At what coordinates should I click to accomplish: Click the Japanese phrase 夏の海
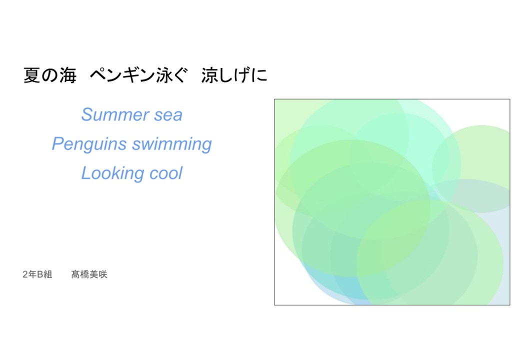[50, 75]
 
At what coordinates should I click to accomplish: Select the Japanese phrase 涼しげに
[234, 75]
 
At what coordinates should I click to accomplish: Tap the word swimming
[172, 144]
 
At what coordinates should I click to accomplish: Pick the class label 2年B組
[37, 274]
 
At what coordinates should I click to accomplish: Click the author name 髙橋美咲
[89, 274]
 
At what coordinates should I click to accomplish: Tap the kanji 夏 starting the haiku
[32, 75]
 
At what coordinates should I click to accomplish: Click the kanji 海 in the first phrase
[68, 75]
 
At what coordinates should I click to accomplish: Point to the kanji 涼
[209, 75]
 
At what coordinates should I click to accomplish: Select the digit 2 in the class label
[25, 274]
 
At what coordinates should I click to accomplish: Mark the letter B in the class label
[40, 274]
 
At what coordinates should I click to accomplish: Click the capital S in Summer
[87, 114]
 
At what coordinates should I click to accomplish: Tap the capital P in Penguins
[57, 144]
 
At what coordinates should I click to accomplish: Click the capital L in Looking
[86, 173]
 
